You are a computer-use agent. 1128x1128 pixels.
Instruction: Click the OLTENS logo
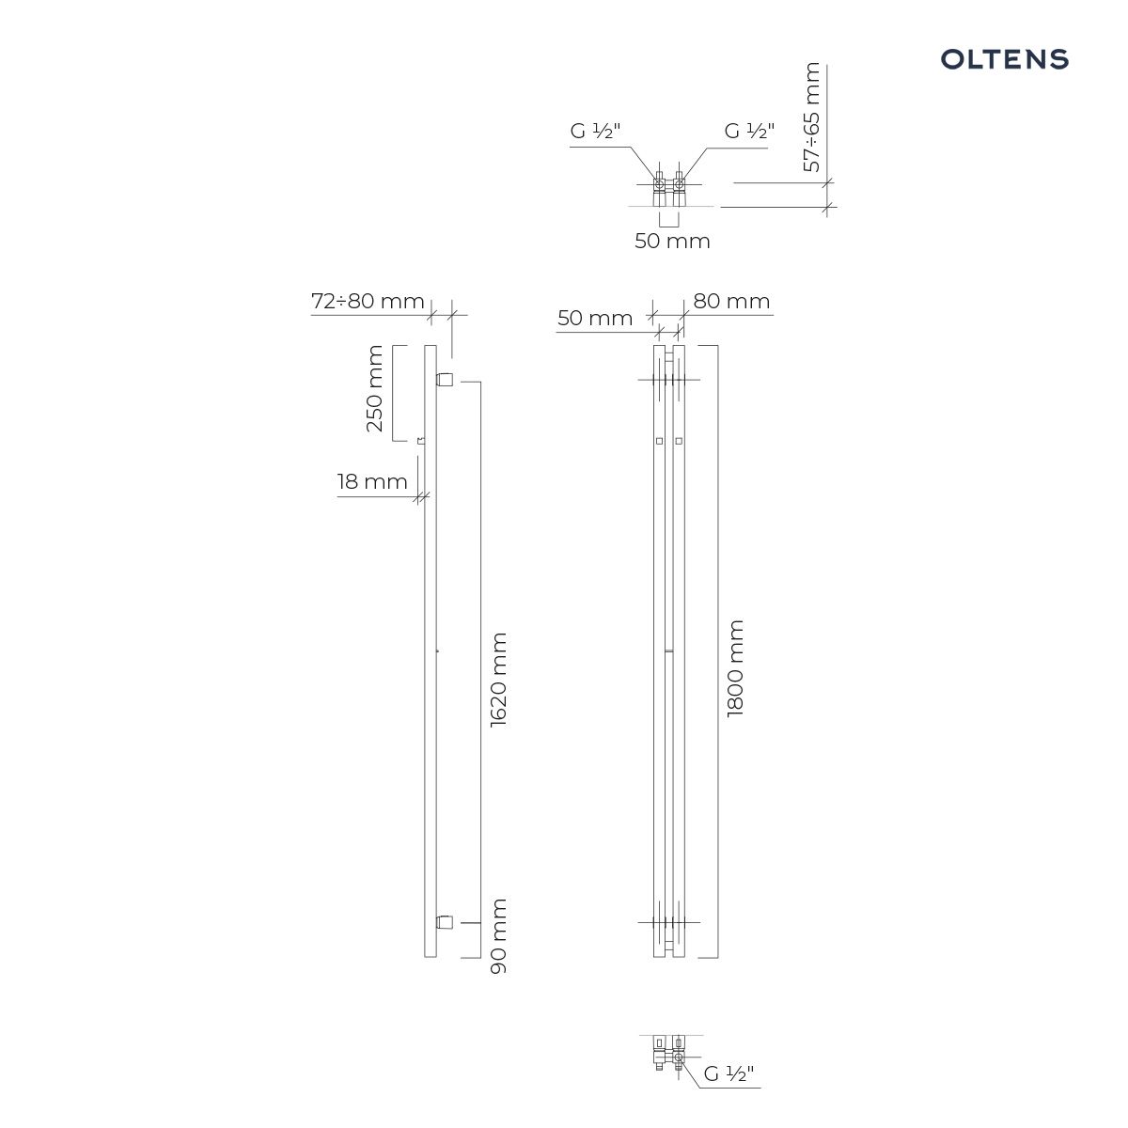pos(1005,59)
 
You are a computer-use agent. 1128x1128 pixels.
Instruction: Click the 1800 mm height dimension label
pos(735,668)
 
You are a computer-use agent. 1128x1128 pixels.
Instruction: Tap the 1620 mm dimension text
pos(498,681)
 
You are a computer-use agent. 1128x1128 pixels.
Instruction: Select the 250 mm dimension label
pos(374,388)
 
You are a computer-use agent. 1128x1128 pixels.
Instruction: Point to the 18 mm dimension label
pos(372,482)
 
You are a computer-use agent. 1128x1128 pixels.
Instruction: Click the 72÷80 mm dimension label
pos(368,301)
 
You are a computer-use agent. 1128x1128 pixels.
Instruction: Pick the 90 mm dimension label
pos(498,936)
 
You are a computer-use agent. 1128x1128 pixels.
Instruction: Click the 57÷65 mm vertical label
pos(811,117)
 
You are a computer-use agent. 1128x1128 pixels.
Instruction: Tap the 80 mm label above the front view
pos(731,302)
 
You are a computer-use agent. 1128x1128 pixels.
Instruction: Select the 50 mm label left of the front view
pos(595,319)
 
